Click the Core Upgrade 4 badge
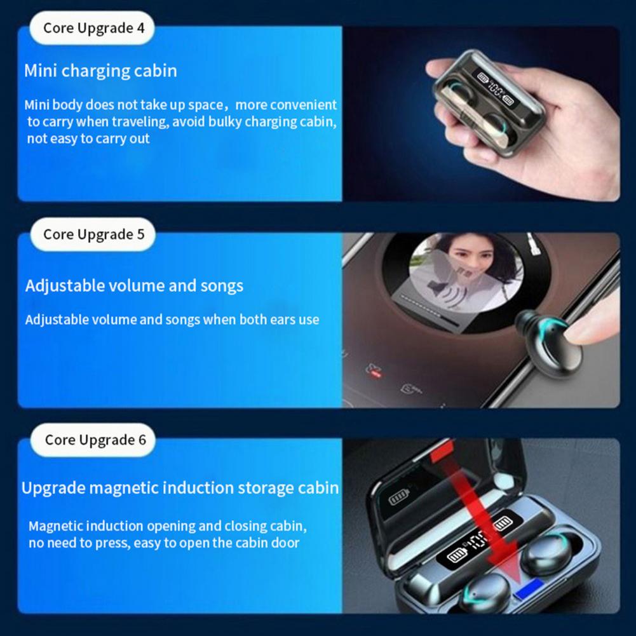tap(92, 27)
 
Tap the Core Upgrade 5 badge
tap(93, 234)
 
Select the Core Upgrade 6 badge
tap(93, 440)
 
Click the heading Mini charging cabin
tap(100, 71)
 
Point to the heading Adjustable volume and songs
tap(134, 285)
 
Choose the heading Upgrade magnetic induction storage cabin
tap(180, 487)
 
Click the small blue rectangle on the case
tap(529, 589)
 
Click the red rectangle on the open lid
tap(442, 452)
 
